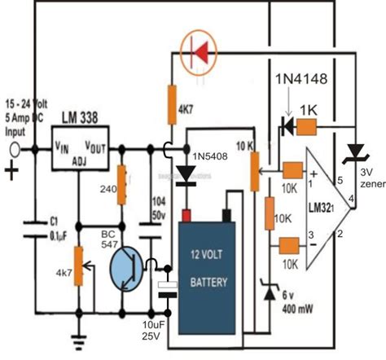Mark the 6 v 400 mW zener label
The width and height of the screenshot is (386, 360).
coord(294,301)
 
